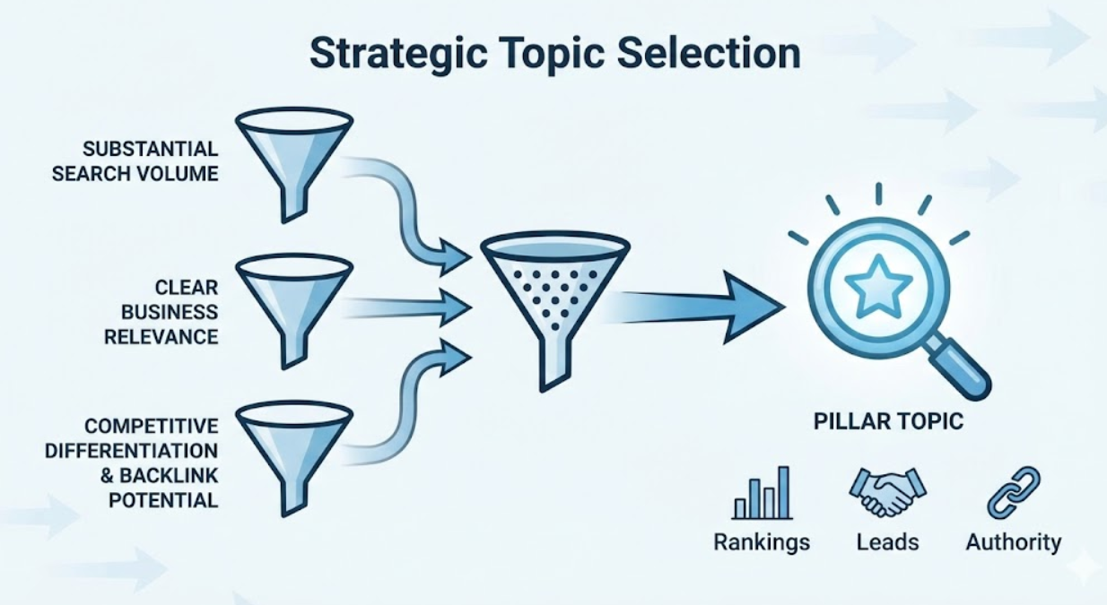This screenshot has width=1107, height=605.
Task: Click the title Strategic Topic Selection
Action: [554, 54]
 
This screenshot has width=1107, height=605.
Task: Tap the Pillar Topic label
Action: [888, 421]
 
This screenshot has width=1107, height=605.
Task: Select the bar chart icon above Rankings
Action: [762, 493]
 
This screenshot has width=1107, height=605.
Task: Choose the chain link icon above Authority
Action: [1013, 492]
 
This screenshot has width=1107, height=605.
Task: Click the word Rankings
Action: [762, 542]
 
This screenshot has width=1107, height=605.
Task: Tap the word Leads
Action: [887, 542]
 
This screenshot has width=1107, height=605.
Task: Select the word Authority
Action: [1014, 542]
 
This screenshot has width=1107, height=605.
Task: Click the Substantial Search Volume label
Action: [135, 160]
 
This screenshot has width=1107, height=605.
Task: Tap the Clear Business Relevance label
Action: [161, 311]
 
